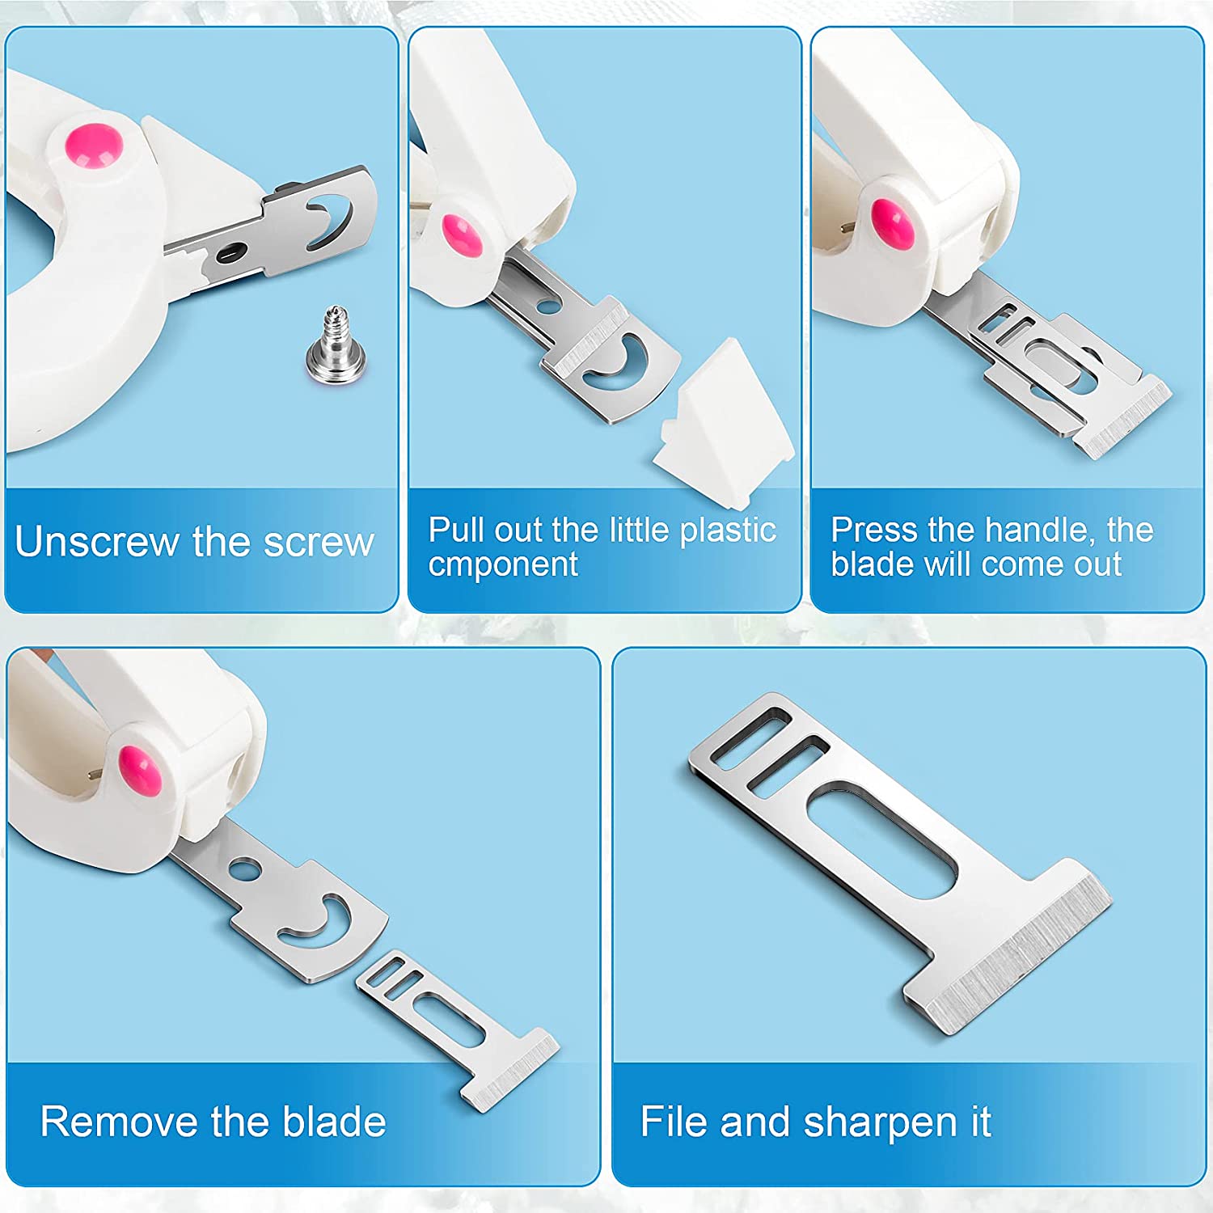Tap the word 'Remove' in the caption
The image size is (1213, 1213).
pos(120,1122)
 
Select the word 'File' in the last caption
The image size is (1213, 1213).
pos(674,1122)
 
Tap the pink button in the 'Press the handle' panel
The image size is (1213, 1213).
pos(894,223)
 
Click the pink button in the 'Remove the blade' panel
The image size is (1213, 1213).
pos(141,771)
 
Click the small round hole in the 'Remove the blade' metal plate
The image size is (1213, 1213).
pos(244,870)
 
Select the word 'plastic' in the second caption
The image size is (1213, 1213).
pos(728,530)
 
